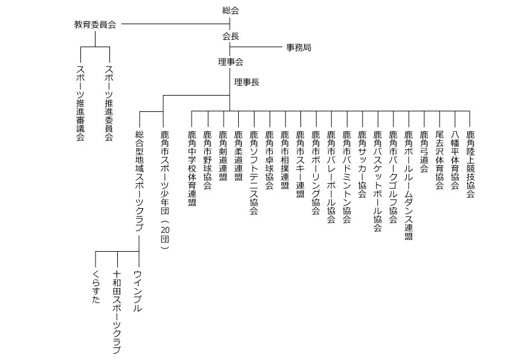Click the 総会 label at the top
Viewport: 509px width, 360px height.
[x=231, y=11]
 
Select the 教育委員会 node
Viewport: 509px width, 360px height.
[x=95, y=25]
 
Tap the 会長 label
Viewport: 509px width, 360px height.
[x=231, y=36]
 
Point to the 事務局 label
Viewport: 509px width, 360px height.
[x=299, y=47]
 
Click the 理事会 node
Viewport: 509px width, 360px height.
[x=231, y=62]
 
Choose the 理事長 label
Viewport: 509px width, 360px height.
[x=247, y=82]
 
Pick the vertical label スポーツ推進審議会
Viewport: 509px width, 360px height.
[x=80, y=103]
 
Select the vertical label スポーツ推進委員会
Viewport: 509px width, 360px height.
[x=109, y=103]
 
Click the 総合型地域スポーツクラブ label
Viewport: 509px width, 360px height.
[x=139, y=181]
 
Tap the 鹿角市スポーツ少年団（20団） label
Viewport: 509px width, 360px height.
[x=165, y=190]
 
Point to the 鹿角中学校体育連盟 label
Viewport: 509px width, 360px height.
[x=192, y=168]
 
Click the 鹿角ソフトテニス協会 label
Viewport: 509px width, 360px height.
[x=254, y=172]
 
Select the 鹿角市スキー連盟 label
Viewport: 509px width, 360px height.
[x=300, y=164]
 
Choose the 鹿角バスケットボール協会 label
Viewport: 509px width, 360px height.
[x=378, y=181]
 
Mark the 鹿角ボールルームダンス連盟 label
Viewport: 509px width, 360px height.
[x=409, y=185]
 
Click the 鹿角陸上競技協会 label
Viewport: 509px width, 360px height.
[x=470, y=164]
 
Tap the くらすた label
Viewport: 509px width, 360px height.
[x=96, y=287]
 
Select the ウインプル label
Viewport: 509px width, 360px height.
[x=138, y=291]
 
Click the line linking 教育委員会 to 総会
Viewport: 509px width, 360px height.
[x=176, y=24]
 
